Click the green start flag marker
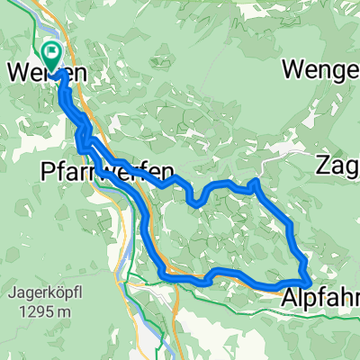coord(50,56)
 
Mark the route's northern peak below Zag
coord(255,183)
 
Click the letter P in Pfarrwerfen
coord(49,169)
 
